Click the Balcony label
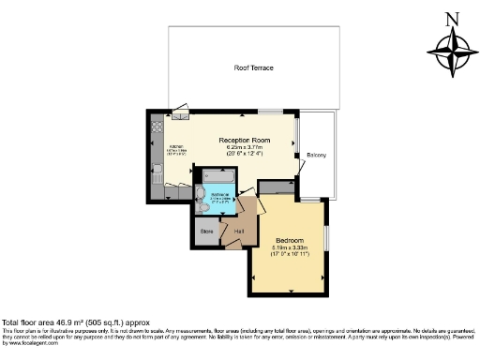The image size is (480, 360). pos(316,155)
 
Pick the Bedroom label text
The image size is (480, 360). pos(289,240)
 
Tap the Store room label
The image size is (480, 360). pos(205,230)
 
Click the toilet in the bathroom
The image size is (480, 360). pos(201,195)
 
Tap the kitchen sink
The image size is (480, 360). pos(157,170)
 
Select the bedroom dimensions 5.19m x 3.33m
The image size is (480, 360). pos(289,248)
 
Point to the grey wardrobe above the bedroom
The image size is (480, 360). pos(276,187)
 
